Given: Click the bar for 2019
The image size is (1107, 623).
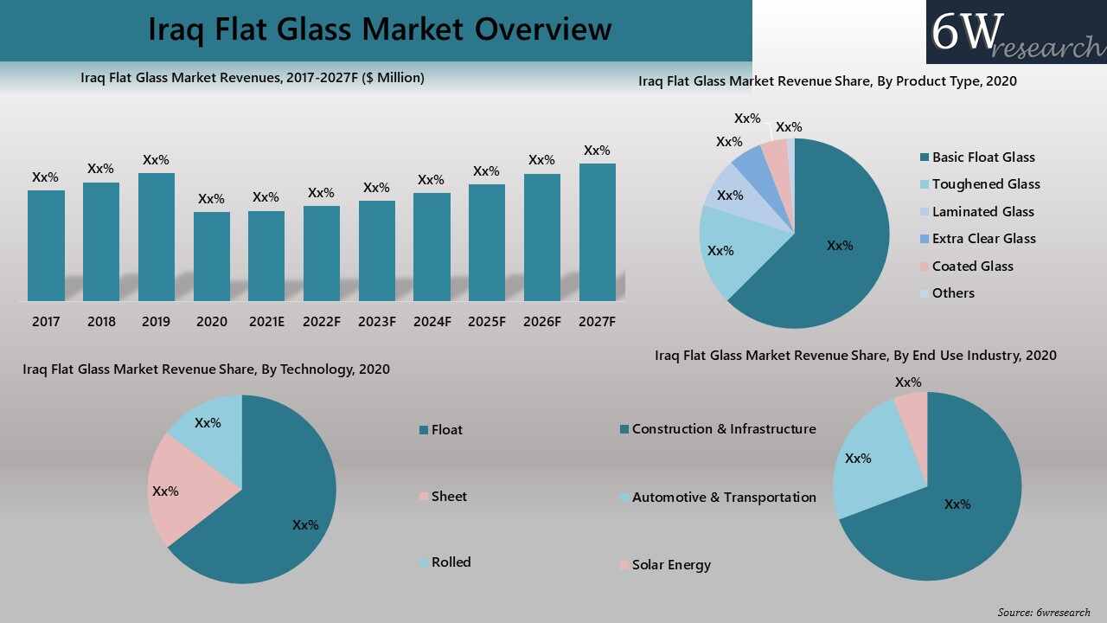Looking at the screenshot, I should click(157, 237).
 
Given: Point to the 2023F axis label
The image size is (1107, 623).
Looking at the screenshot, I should click(376, 322).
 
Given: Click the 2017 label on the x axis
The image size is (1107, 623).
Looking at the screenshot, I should click(46, 322).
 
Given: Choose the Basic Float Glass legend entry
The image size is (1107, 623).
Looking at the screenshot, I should click(982, 157).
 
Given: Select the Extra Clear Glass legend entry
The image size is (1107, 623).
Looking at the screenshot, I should click(982, 239).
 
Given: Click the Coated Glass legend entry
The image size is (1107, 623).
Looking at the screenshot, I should click(971, 267).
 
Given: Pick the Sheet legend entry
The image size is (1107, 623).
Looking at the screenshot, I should click(448, 497).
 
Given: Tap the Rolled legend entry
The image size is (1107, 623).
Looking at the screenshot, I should click(450, 562).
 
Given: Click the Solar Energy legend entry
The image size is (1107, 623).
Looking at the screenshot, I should click(670, 565).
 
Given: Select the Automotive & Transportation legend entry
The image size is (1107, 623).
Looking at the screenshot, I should click(723, 498).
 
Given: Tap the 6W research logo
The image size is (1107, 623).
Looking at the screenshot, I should click(1016, 32).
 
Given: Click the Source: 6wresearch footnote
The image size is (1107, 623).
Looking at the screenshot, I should click(1044, 613).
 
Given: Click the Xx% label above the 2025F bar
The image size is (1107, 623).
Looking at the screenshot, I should click(486, 171).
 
